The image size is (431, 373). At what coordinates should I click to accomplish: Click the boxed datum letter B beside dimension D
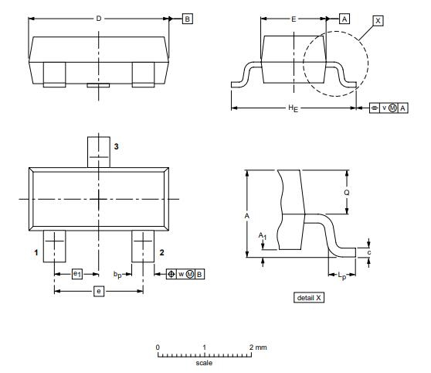(x=188, y=19)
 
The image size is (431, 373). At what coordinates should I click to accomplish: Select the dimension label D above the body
(x=99, y=19)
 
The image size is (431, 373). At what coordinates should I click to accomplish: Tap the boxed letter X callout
(x=378, y=21)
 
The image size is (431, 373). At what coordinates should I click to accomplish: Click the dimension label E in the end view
(x=294, y=19)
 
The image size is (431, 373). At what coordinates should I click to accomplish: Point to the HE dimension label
(x=294, y=108)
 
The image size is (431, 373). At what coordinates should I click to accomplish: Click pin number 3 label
(x=117, y=146)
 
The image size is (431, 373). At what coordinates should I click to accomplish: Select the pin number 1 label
(x=36, y=252)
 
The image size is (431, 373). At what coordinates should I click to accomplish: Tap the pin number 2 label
(x=162, y=252)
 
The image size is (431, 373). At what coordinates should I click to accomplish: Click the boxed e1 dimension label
(x=77, y=274)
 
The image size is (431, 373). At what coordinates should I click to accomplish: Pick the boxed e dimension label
(x=99, y=291)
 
